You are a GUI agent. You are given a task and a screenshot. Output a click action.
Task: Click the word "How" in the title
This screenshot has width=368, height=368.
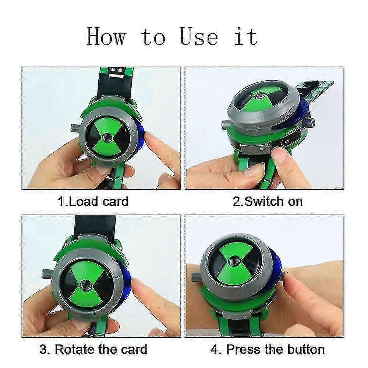[x=107, y=37]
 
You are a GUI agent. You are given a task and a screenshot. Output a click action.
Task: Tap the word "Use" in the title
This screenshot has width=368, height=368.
[x=199, y=37]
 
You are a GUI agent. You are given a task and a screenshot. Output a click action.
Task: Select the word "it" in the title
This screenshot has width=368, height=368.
[x=246, y=37]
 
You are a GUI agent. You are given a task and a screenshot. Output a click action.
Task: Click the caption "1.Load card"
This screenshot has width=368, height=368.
[x=93, y=201]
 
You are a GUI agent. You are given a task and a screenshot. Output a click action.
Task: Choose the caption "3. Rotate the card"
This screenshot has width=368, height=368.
[x=93, y=349]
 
